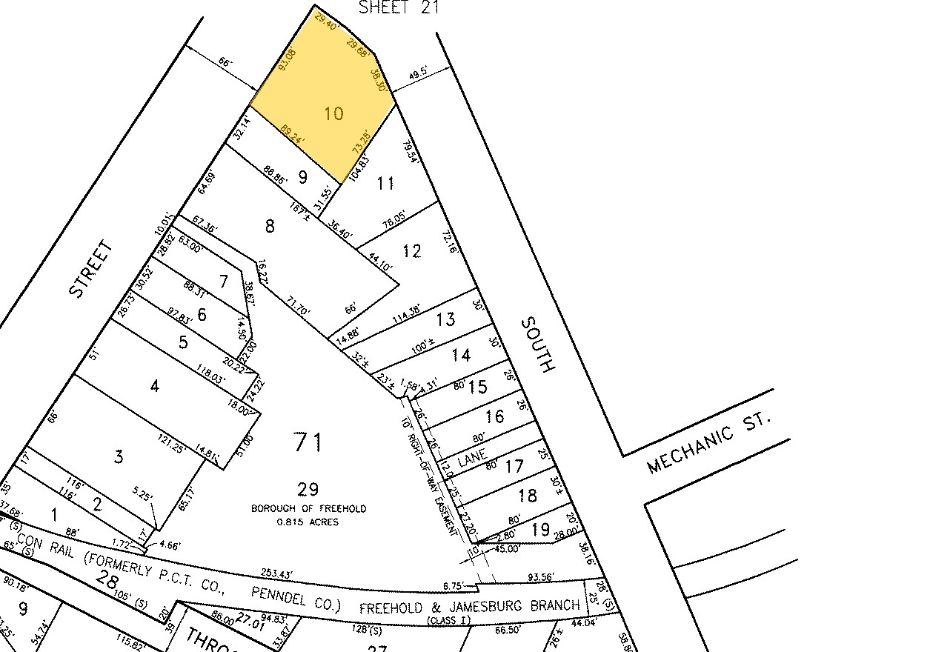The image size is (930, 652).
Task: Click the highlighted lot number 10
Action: (x=334, y=113)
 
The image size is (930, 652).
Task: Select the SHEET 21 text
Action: (x=399, y=8)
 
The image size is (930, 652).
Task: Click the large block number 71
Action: (x=308, y=443)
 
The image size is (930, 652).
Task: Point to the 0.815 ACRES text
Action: (x=308, y=522)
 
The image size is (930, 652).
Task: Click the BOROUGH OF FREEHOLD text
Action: (x=308, y=509)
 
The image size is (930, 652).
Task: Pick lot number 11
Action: (x=386, y=183)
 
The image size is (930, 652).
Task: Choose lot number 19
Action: (x=541, y=528)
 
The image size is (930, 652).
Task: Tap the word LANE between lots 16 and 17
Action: (x=471, y=459)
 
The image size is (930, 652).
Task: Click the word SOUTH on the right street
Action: (x=537, y=345)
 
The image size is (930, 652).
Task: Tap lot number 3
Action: (x=119, y=456)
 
